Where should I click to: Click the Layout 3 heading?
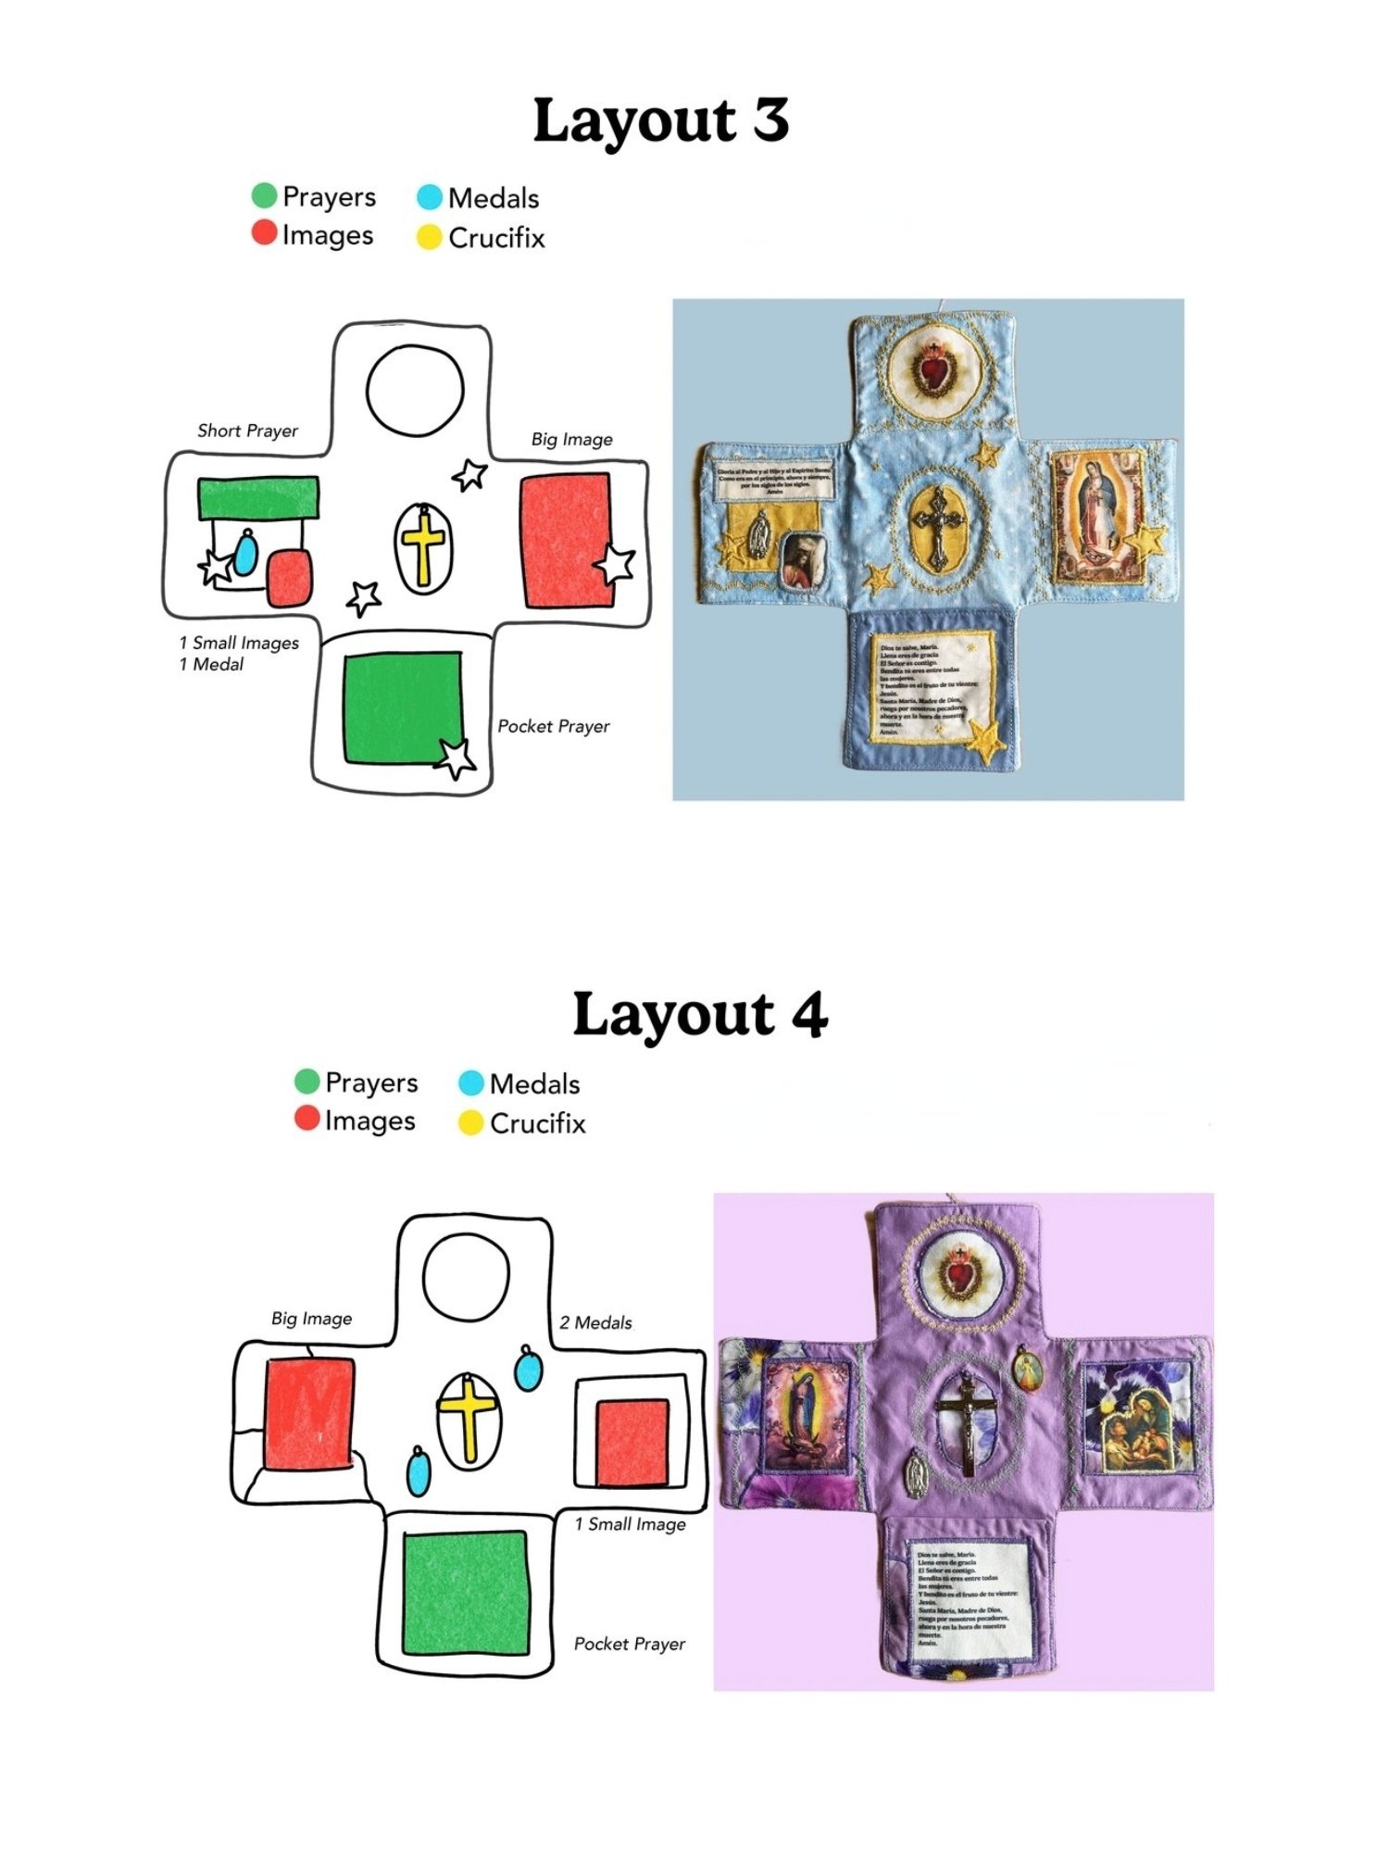660,120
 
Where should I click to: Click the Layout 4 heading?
700,1014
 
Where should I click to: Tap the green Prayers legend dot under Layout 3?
264,195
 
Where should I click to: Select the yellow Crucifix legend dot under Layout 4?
471,1123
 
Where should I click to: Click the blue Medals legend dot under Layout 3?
430,197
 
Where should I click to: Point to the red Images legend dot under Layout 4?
307,1119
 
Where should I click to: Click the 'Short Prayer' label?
247,431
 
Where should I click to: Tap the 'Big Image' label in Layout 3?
571,439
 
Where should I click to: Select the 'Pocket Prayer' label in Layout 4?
630,1644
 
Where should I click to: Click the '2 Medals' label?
595,1322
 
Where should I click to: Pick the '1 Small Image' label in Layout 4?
630,1524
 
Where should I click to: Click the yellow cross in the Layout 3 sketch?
424,545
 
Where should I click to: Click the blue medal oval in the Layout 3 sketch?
245,553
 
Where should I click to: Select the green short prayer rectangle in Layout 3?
258,497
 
